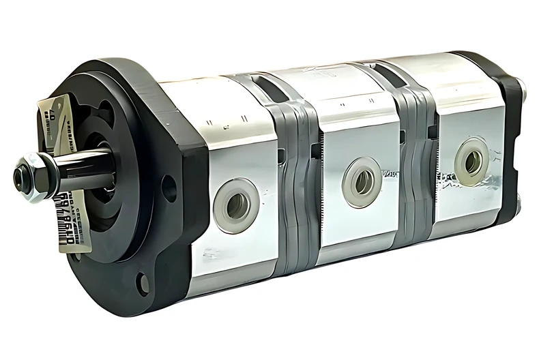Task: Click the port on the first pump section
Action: (236, 205)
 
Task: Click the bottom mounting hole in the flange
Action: (143, 282)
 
